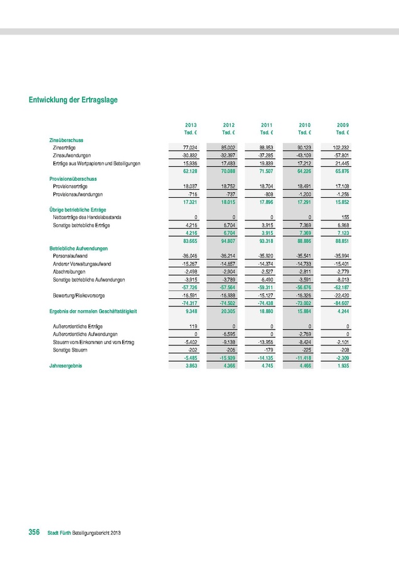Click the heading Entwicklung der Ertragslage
73,99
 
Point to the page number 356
35,532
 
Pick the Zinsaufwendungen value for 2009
341,155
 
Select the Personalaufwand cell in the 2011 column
265,256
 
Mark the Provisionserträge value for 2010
303,186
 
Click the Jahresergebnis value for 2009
343,365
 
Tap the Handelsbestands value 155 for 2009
344,217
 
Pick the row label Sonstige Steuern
71,350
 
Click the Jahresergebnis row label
65,365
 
